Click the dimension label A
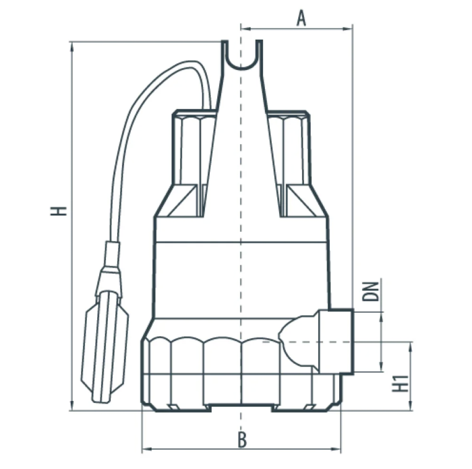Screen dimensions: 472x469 301,18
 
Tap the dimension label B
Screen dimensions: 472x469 242,440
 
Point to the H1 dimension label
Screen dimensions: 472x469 401,383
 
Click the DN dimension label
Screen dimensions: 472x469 370,291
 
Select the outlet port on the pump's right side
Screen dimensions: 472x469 336,342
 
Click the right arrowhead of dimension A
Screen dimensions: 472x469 349,29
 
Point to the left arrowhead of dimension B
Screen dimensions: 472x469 146,449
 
